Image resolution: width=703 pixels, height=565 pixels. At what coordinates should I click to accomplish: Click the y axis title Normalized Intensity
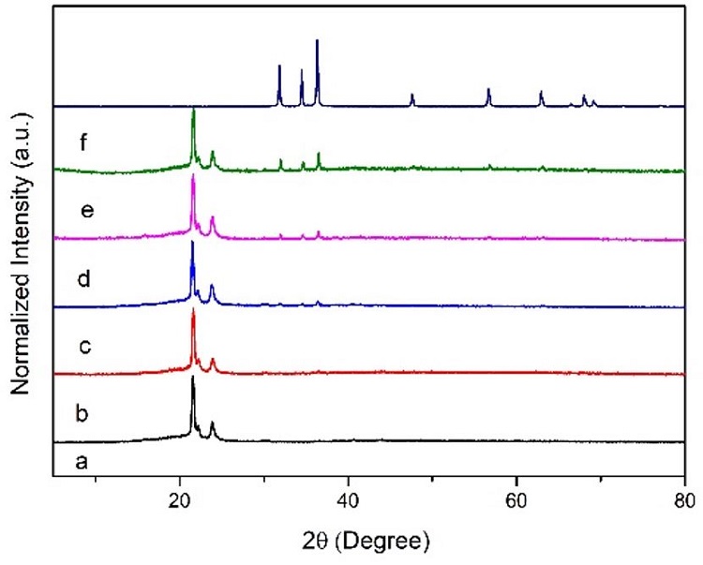(x=21, y=252)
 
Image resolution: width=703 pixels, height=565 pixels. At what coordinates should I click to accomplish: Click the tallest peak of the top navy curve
(x=318, y=40)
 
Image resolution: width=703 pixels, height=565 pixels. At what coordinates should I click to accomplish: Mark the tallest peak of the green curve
(x=193, y=110)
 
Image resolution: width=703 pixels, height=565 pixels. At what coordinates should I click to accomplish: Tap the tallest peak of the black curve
(x=193, y=378)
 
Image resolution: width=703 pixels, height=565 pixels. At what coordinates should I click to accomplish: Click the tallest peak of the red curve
(x=193, y=310)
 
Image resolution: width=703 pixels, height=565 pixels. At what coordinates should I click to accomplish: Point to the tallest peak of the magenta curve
(x=193, y=178)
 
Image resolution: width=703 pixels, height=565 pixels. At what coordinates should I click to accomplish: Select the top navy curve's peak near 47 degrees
(x=412, y=96)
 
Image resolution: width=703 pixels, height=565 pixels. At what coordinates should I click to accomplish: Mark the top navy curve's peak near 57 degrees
(x=488, y=89)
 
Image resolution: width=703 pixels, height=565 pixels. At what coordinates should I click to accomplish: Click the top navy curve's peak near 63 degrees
(x=541, y=92)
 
